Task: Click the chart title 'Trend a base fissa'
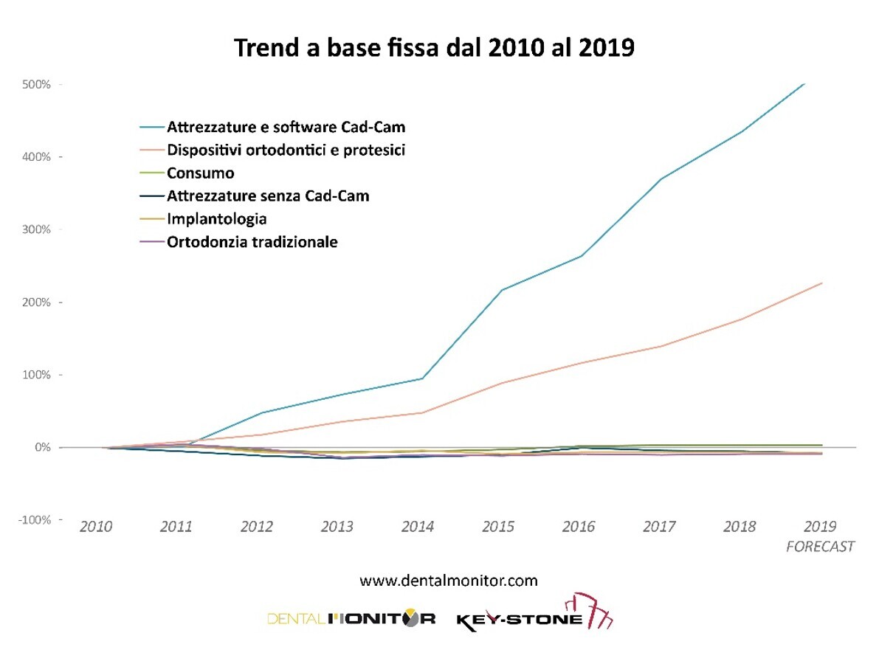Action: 434,48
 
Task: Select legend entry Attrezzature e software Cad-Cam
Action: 286,127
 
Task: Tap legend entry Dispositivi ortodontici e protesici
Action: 286,150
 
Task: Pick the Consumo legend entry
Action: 201,173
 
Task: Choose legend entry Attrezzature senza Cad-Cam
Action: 268,196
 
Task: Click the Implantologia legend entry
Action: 216,219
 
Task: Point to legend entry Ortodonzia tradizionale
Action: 252,242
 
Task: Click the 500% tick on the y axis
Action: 36,84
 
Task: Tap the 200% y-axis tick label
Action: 36,302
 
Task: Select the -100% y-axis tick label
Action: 34,520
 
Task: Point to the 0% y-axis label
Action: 42,448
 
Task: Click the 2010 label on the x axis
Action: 96,527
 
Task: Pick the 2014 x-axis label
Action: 418,527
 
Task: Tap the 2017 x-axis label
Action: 659,527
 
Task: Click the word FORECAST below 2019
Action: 820,547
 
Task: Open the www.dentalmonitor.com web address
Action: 449,581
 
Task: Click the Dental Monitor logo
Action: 351,618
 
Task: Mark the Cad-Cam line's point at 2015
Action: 502,290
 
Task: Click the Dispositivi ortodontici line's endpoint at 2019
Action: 821,283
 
